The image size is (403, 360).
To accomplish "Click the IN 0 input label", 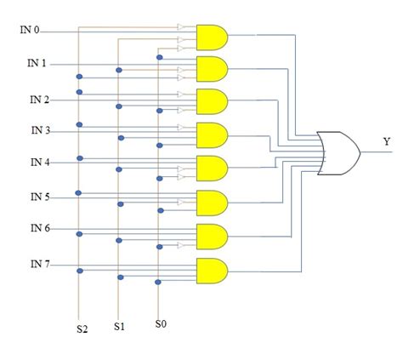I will pyautogui.click(x=30, y=30).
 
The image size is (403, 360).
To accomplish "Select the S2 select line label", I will pyautogui.click(x=81, y=327).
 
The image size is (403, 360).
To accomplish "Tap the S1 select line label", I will pyautogui.click(x=120, y=326).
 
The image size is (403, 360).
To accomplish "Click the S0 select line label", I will pyautogui.click(x=161, y=323).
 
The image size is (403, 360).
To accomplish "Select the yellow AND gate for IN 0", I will pyautogui.click(x=211, y=37).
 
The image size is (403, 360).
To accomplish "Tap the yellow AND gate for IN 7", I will pyautogui.click(x=211, y=271).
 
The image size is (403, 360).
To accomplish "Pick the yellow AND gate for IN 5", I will pyautogui.click(x=211, y=203).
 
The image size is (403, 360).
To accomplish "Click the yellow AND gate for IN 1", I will pyautogui.click(x=211, y=68).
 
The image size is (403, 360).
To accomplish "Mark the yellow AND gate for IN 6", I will pyautogui.click(x=211, y=236).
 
